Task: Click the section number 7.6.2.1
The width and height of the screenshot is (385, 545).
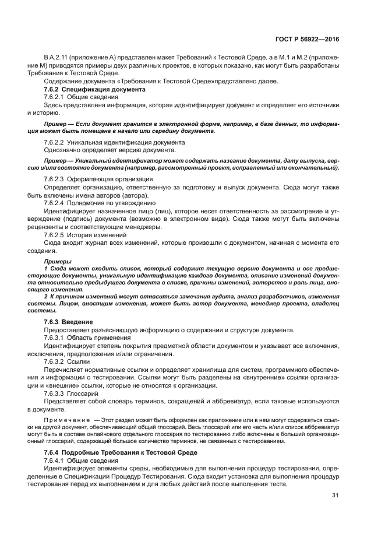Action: click(x=54, y=97)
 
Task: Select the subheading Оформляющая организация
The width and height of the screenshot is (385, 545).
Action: click(x=111, y=179)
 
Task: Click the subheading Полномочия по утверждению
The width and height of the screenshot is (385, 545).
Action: click(x=111, y=202)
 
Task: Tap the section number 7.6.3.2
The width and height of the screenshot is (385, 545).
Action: click(x=54, y=361)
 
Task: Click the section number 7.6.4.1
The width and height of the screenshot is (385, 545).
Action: click(x=54, y=460)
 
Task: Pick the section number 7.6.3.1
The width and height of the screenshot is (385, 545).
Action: click(x=54, y=337)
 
